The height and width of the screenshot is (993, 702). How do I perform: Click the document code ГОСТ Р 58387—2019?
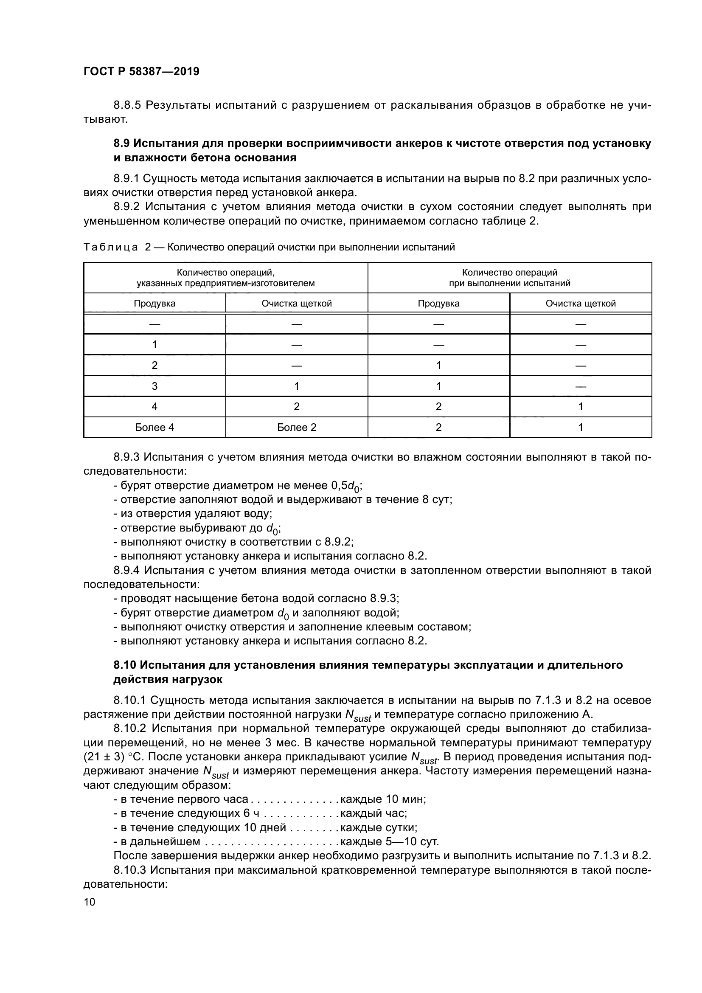[x=141, y=71]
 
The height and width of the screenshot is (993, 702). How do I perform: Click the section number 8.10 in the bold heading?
[x=125, y=665]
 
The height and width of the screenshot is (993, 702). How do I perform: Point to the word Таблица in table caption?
[x=111, y=248]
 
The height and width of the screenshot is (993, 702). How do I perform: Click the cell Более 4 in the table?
[x=154, y=428]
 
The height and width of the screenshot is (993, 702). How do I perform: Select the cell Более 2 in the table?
[x=297, y=428]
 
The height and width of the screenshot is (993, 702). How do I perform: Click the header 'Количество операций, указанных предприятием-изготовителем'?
[x=226, y=278]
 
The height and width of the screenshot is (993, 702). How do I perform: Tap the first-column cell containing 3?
[x=154, y=386]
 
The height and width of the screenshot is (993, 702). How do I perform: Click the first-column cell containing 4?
[x=154, y=407]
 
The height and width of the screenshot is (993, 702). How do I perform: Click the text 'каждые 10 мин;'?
[x=383, y=799]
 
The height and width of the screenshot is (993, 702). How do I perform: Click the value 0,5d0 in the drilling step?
[x=346, y=487]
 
